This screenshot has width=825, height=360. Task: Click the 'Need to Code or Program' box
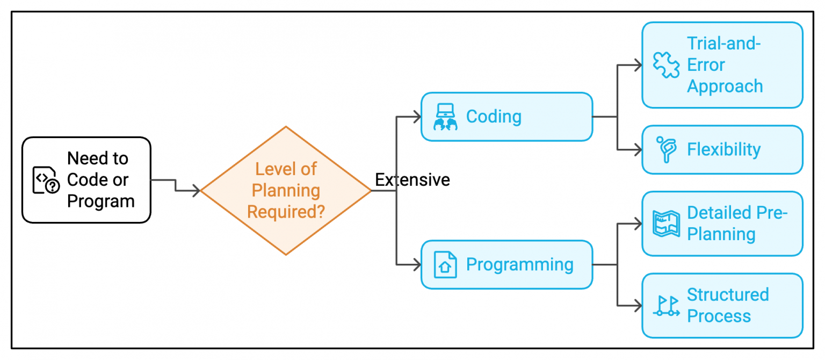(86, 180)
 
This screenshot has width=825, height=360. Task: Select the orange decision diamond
(286, 191)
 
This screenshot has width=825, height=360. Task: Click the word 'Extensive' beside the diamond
(412, 180)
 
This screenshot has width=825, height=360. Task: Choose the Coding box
(506, 117)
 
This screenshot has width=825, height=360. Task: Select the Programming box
(506, 264)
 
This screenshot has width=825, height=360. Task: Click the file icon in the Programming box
(445, 264)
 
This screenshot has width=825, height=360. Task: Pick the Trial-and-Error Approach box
(722, 65)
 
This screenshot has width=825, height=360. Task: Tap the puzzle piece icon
(666, 65)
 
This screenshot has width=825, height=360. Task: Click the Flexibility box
(722, 149)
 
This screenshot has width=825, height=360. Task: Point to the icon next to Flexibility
(666, 149)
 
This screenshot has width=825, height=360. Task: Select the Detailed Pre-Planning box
(722, 224)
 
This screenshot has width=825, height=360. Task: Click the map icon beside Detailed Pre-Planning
(666, 224)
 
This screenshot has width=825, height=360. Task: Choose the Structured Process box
(722, 305)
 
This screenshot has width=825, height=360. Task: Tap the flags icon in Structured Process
(666, 306)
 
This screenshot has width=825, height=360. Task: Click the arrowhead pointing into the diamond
(196, 190)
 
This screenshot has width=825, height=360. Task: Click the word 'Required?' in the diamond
(286, 212)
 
